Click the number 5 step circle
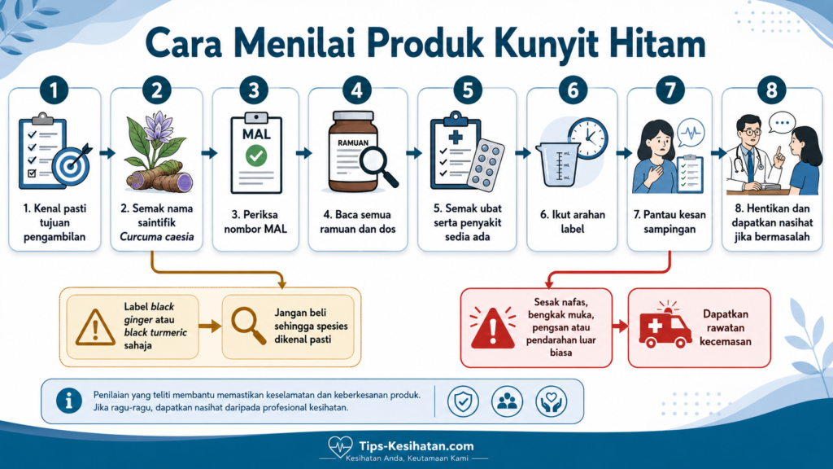(x=468, y=90)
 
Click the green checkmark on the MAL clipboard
(x=256, y=156)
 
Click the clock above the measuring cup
(x=587, y=138)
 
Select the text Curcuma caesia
(x=156, y=237)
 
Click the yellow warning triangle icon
(x=95, y=327)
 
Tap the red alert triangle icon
(x=493, y=328)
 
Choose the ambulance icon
(x=665, y=325)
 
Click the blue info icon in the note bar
(x=69, y=401)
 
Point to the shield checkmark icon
(x=463, y=401)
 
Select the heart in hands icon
(x=551, y=401)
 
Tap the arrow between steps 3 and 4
(x=304, y=153)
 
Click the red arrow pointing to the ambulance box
(x=621, y=326)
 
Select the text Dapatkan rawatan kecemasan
(x=725, y=327)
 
